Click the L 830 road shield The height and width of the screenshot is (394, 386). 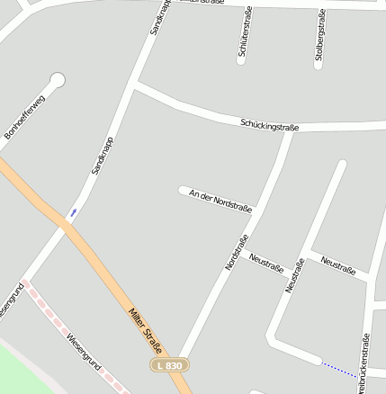[168, 365]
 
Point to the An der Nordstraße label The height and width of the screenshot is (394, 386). [221, 201]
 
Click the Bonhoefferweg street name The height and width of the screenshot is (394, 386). [24, 117]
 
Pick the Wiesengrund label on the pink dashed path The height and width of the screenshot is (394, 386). [84, 352]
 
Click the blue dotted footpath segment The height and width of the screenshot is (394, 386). [339, 369]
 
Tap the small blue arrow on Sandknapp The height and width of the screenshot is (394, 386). [73, 213]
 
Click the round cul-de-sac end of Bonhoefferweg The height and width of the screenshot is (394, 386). [58, 80]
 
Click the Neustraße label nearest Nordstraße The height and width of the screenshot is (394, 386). [266, 264]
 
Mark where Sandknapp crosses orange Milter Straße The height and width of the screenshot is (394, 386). [65, 228]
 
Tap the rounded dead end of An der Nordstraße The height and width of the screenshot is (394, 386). [184, 191]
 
